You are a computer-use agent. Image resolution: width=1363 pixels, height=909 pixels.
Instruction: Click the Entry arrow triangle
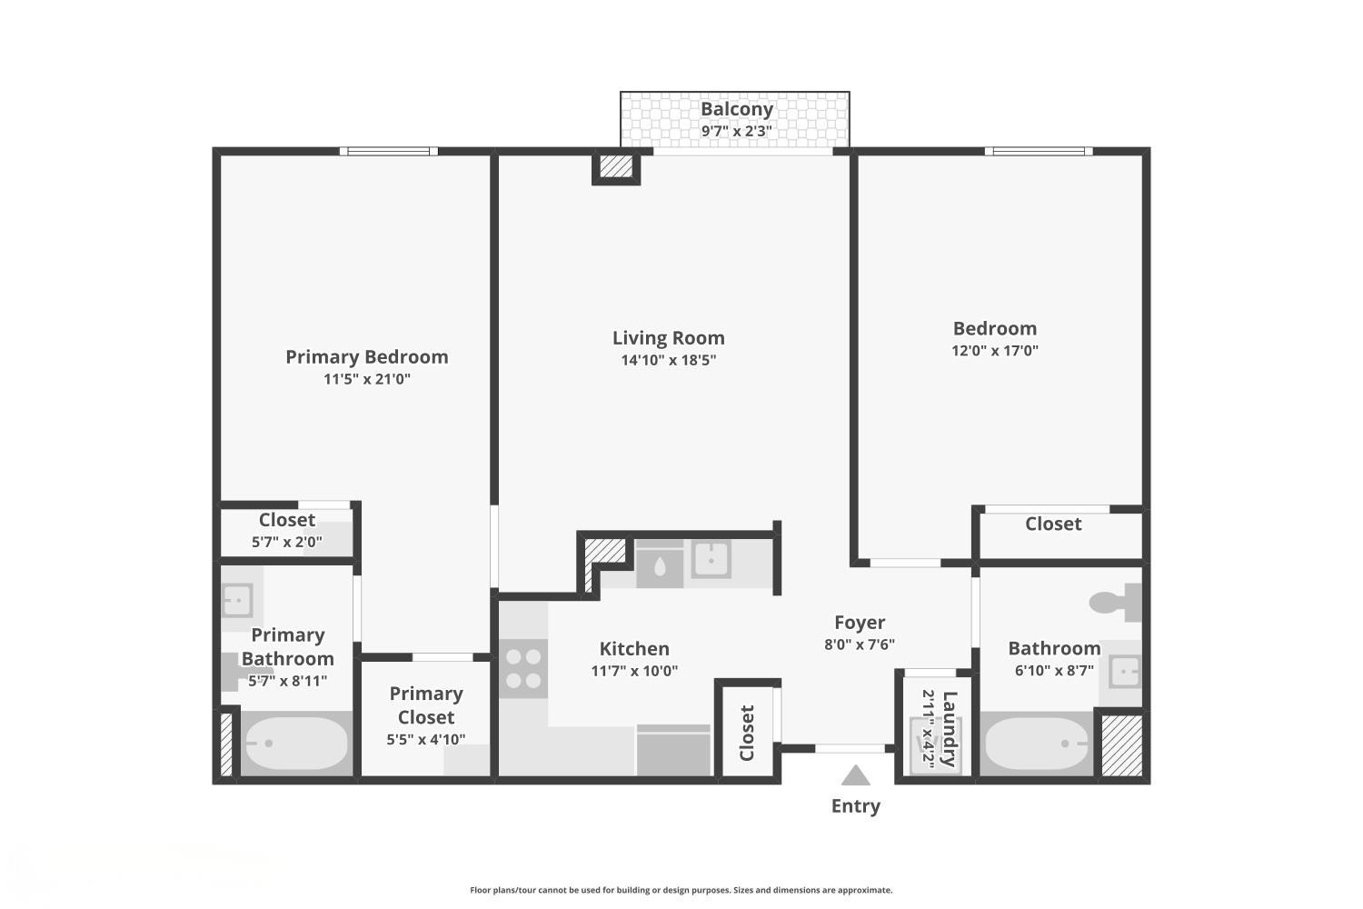click(x=855, y=775)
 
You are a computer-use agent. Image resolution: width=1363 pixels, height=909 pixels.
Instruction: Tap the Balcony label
click(x=736, y=109)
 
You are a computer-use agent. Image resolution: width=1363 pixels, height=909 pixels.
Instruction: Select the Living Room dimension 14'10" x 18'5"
click(x=668, y=360)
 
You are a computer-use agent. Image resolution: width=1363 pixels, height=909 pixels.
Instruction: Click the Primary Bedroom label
click(x=366, y=356)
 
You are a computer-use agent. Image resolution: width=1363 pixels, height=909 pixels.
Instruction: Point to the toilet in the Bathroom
click(x=1114, y=602)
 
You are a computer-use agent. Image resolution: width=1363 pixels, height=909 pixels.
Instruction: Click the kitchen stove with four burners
click(x=523, y=668)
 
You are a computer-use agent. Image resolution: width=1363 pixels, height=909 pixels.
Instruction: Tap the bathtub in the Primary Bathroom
click(x=295, y=744)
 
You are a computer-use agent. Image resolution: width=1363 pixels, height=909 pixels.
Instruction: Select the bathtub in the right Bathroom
click(x=1037, y=744)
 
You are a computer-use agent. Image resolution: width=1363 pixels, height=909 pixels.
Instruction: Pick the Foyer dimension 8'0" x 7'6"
click(x=859, y=644)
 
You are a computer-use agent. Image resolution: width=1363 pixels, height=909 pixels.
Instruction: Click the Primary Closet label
click(x=426, y=704)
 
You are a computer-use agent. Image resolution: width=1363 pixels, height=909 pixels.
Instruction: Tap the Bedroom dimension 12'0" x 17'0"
click(x=994, y=351)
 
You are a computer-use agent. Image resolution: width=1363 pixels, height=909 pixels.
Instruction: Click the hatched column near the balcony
click(x=616, y=166)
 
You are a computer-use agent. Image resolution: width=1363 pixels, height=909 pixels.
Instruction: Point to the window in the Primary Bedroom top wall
click(x=388, y=151)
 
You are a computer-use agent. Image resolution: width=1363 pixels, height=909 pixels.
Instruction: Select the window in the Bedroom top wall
click(x=1038, y=151)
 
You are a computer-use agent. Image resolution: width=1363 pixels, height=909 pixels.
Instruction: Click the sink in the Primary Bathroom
click(x=237, y=601)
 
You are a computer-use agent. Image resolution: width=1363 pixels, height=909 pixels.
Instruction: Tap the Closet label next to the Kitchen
click(x=747, y=733)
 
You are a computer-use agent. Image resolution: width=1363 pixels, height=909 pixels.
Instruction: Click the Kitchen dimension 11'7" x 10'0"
click(x=634, y=671)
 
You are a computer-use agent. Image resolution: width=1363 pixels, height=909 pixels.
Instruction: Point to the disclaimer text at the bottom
click(x=681, y=890)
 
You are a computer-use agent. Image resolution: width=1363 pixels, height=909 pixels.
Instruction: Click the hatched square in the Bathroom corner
click(x=1121, y=744)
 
